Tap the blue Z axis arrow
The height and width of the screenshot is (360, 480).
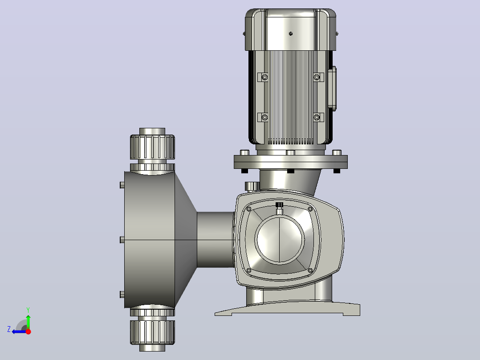pos(19,331)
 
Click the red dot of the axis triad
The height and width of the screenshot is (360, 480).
pos(28,331)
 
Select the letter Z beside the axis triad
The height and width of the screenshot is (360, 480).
pos(9,329)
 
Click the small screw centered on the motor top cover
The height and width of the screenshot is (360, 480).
pos(290,34)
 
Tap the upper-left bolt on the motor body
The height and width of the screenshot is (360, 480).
pos(265,77)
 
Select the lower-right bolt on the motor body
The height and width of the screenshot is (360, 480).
pos(317,117)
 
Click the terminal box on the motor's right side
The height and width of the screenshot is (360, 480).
pos(332,88)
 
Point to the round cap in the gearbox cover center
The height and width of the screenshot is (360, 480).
pos(280,240)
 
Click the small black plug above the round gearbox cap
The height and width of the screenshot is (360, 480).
pos(279,205)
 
